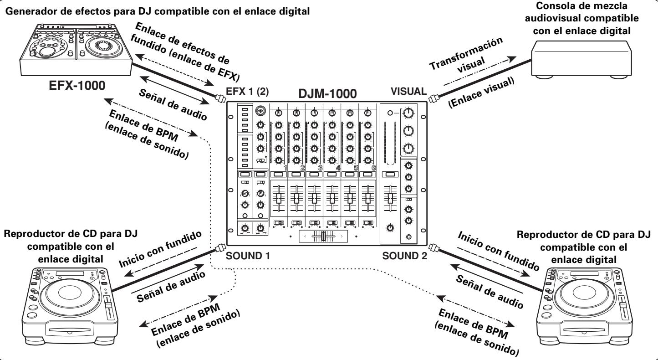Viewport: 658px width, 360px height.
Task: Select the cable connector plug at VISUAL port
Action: pos(434,97)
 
